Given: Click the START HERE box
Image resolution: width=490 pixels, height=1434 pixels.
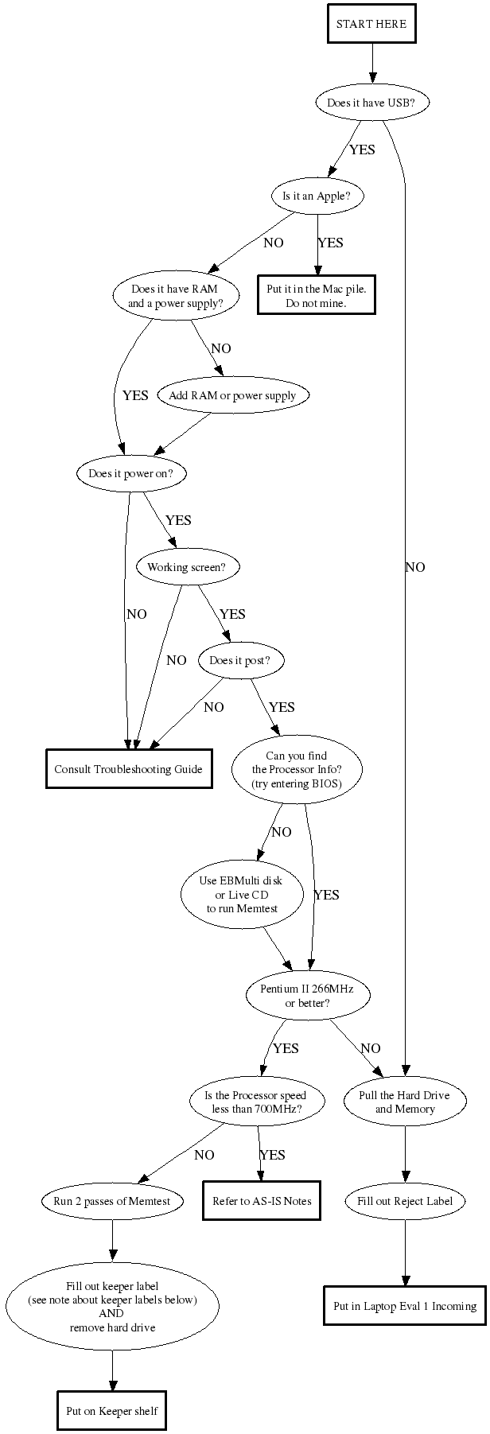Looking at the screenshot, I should click(371, 25).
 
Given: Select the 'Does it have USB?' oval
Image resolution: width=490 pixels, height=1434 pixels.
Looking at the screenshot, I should click(371, 103).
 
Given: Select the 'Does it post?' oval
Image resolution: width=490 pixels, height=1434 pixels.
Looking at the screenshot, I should click(235, 661).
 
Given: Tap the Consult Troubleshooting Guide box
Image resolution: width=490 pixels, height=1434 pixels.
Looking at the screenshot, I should click(128, 769).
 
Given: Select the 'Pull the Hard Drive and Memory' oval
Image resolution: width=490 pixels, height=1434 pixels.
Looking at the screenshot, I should click(405, 1102).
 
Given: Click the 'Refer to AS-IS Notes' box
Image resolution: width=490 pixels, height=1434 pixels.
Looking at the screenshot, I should click(262, 1201).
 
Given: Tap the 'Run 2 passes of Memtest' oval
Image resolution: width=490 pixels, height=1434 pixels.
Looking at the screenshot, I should click(112, 1201).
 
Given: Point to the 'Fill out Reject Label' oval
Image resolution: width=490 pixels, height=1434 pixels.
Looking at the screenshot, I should click(405, 1201).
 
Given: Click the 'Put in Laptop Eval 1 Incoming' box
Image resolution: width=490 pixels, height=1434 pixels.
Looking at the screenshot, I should click(404, 1305).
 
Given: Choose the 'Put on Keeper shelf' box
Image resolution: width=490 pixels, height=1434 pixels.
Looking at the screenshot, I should click(112, 1411).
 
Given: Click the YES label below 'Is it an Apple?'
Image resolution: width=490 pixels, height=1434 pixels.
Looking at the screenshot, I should click(330, 243).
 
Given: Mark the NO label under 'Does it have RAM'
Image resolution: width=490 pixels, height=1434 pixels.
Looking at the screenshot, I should click(221, 348).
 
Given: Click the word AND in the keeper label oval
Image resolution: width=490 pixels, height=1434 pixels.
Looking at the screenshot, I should click(111, 1313).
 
